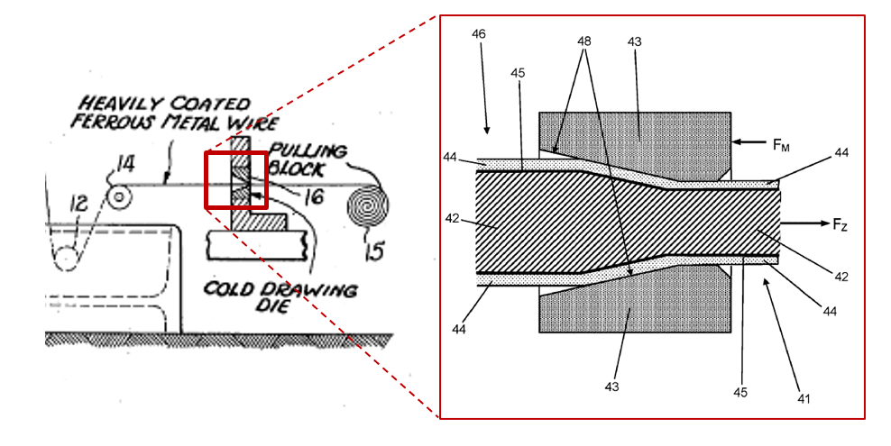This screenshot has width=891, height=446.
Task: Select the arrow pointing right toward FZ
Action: tap(803, 222)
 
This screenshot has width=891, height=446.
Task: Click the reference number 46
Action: tap(479, 33)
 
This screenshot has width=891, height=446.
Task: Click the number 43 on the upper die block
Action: tap(635, 42)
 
